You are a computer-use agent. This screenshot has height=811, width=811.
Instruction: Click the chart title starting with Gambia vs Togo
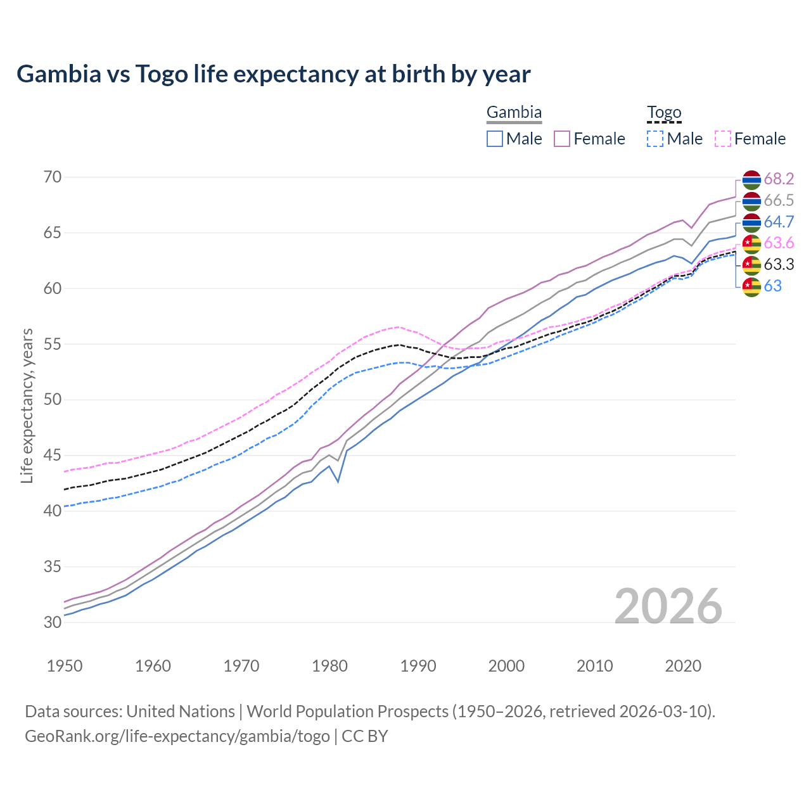tap(273, 74)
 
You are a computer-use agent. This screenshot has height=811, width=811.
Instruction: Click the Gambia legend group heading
tap(514, 113)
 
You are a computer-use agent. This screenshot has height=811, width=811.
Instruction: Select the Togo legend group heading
tap(663, 113)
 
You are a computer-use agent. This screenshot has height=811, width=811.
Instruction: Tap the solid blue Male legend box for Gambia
tap(495, 139)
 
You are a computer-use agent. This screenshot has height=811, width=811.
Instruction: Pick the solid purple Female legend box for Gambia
tap(562, 139)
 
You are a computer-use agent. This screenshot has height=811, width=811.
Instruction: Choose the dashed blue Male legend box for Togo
tap(655, 139)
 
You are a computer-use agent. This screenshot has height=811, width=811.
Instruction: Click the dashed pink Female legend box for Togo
tap(723, 139)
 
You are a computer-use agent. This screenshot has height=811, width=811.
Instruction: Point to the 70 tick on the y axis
tap(53, 177)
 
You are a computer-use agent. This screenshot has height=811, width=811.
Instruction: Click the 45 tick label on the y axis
tap(53, 455)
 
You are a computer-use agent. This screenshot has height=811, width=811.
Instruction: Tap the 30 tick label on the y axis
tap(53, 622)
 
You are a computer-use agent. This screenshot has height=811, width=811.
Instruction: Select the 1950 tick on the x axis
tap(65, 666)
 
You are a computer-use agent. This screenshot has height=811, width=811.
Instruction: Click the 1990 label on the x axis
tap(418, 666)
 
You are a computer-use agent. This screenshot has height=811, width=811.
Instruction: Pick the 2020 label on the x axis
tap(683, 666)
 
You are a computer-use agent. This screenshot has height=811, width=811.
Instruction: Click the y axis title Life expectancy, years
tap(27, 405)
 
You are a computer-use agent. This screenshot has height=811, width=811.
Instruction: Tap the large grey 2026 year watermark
tap(668, 606)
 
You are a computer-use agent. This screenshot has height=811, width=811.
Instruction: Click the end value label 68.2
tap(779, 179)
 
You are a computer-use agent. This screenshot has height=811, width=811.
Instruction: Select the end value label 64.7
tap(779, 222)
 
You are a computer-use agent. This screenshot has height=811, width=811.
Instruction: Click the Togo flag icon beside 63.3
tap(751, 265)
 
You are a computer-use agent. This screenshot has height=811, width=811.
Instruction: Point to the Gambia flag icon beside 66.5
tap(751, 201)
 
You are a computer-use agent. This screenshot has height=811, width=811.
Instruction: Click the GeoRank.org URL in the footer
tap(177, 736)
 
